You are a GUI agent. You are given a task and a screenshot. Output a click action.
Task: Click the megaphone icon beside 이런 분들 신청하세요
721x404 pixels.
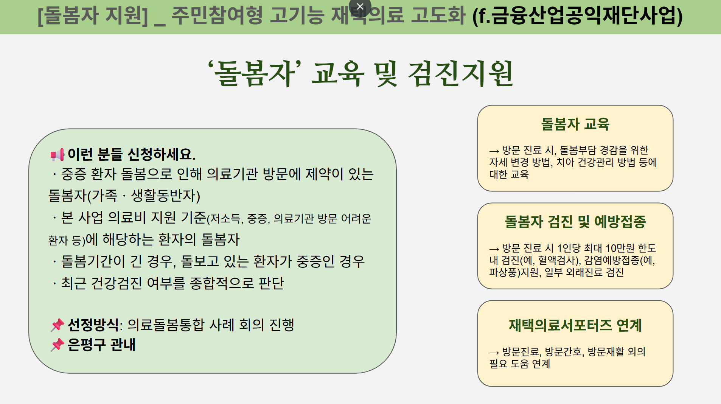[x=57, y=154]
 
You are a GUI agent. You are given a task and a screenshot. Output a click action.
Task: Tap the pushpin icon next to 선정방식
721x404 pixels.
[x=57, y=325]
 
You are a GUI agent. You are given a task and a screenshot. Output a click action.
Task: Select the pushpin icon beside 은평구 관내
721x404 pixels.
[x=57, y=345]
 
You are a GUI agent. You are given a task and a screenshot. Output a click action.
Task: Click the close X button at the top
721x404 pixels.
[x=360, y=6]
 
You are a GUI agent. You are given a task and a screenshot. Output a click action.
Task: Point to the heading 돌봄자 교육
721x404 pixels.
[x=575, y=124]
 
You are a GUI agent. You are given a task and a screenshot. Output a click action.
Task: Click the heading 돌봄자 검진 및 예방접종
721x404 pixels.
[x=575, y=222]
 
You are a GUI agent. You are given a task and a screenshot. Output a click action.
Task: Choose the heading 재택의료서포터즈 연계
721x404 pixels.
[x=575, y=325]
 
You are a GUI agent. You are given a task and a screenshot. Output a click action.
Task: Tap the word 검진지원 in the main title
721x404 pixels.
[x=460, y=73]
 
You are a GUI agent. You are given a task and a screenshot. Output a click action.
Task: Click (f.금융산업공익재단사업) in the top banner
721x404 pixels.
[x=577, y=16]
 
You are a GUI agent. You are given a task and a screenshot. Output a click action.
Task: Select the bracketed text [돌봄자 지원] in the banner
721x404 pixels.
[x=93, y=16]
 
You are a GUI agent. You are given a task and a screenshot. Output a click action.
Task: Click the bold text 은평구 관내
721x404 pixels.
[x=101, y=345]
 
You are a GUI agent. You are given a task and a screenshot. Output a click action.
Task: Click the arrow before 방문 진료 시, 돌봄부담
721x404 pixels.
[x=494, y=151]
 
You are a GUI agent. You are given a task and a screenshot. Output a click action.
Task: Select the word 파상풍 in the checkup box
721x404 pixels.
[x=503, y=272]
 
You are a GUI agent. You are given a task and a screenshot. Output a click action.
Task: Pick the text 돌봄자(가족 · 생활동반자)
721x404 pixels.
[x=124, y=196]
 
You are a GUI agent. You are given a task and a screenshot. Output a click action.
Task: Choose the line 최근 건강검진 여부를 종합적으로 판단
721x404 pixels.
[x=172, y=283]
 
